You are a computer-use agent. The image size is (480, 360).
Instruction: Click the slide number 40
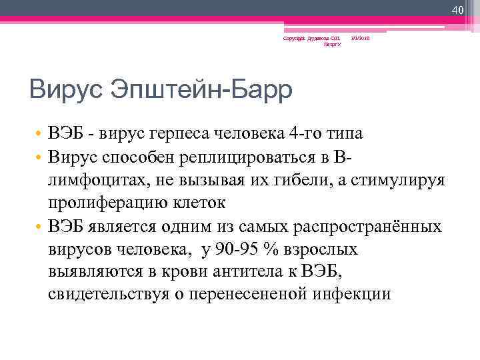click(x=457, y=10)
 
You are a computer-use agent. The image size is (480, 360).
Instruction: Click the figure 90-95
click(x=232, y=249)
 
